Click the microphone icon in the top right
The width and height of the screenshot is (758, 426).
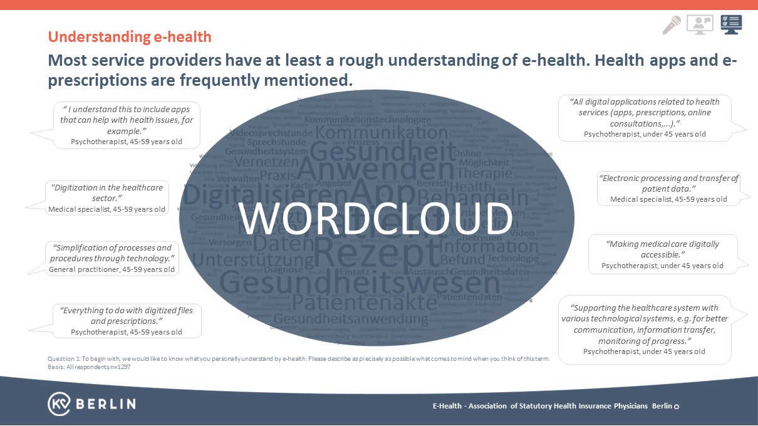point(672,24)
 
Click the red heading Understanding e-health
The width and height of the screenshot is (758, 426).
point(130,37)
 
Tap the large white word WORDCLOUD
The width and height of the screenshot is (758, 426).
point(376,219)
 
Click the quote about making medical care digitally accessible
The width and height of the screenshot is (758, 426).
point(662,249)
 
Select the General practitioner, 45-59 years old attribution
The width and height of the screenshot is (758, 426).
point(112,269)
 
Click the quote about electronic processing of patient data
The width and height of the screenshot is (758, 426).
point(668,183)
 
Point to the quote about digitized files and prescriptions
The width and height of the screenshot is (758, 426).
point(126,315)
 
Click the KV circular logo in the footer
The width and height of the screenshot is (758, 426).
point(59,403)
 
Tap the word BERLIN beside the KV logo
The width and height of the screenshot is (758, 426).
point(105,404)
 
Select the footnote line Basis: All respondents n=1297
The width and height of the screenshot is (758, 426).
point(88,366)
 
